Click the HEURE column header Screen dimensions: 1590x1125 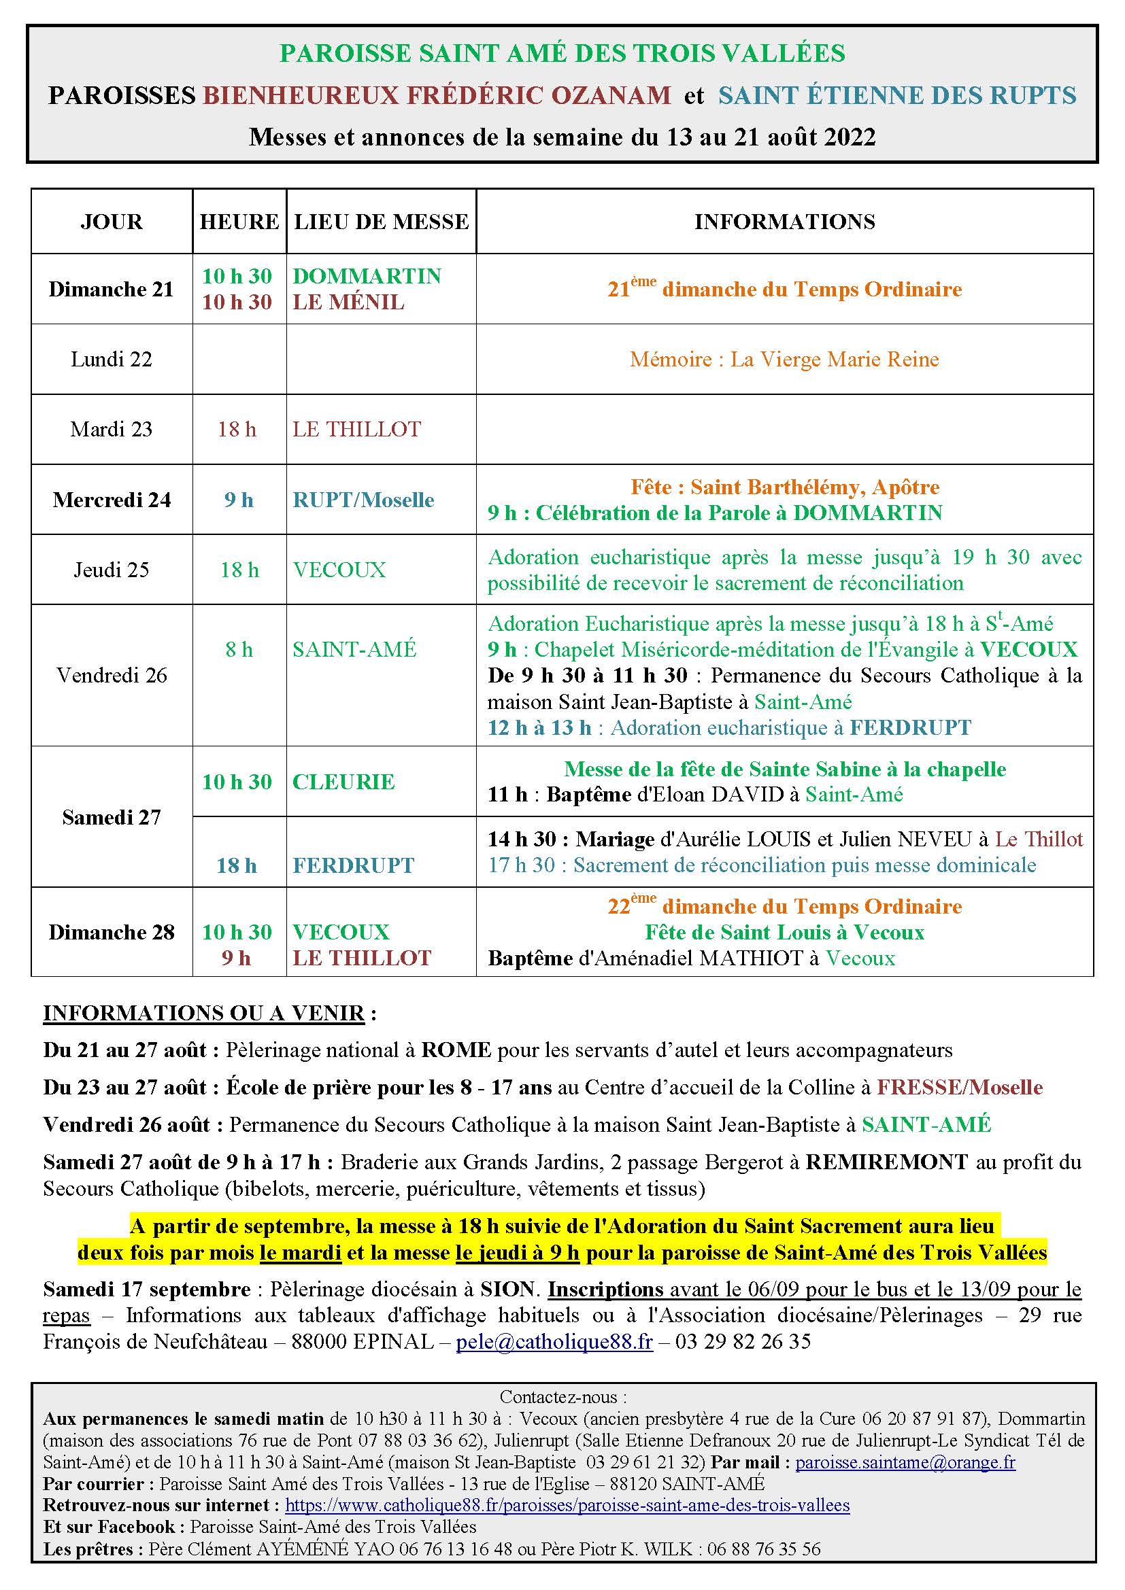[x=239, y=222]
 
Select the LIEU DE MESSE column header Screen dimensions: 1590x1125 [x=381, y=222]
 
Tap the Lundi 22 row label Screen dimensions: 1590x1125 [x=111, y=360]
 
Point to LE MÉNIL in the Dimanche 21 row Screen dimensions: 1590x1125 [x=348, y=303]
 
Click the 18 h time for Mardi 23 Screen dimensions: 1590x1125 [x=237, y=430]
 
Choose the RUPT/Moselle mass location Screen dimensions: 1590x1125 [x=363, y=500]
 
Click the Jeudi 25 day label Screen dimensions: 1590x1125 [x=111, y=570]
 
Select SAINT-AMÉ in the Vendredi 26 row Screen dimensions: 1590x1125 [x=354, y=650]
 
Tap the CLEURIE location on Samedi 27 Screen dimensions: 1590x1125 [x=343, y=782]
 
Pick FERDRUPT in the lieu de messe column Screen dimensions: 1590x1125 [x=352, y=865]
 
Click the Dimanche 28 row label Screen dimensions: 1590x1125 [x=111, y=932]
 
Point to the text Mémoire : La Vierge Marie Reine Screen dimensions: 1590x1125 [x=784, y=360]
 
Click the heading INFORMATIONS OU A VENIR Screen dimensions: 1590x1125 [x=203, y=1013]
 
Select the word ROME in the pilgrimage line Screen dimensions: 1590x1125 [x=456, y=1050]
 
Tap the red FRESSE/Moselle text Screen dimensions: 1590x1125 [x=960, y=1087]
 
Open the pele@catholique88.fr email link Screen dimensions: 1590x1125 [x=554, y=1342]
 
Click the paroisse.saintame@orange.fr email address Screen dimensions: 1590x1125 [x=905, y=1463]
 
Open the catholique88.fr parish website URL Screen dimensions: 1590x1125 [x=567, y=1505]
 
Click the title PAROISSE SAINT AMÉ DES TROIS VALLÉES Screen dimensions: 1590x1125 [x=562, y=53]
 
